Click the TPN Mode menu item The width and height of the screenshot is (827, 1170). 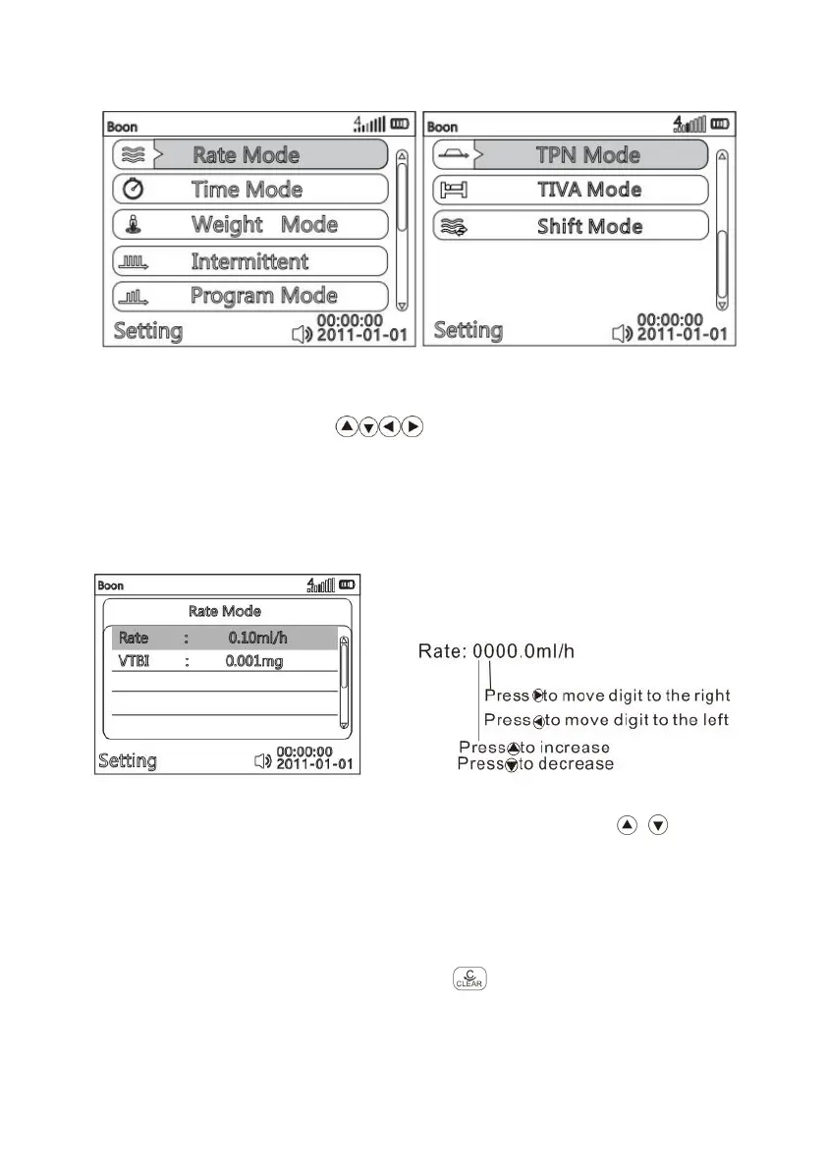coord(570,154)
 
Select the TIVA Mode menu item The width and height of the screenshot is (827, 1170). coord(570,190)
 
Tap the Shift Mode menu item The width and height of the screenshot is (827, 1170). coord(570,226)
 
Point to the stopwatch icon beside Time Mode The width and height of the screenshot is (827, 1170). coord(132,190)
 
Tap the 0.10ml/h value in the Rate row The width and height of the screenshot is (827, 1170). coord(257,638)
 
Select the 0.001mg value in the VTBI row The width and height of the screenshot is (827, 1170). coord(253,661)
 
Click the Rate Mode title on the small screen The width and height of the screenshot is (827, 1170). coord(225,611)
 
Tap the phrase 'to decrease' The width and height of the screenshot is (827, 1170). coord(566,764)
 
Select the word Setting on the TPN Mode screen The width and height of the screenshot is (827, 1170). coord(469,330)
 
